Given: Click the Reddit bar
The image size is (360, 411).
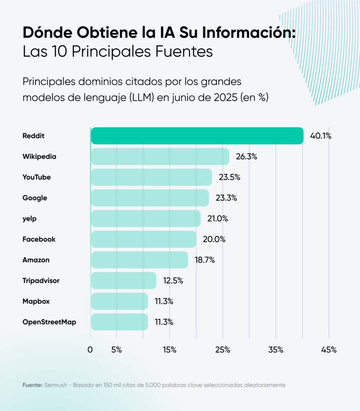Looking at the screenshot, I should coord(197,136).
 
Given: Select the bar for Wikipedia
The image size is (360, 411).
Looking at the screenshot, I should coord(160,157).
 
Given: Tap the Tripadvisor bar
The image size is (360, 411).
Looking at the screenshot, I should coord(123,281).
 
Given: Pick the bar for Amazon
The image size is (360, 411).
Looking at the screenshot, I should coord(139,260).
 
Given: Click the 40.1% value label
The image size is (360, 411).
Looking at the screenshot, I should coord(320,136).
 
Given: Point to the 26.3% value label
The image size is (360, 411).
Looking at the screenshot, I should coord(246,157).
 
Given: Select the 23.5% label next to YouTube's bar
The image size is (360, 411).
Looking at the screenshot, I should coord(229,177).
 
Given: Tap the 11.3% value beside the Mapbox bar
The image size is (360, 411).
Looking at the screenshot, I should coord(164,301).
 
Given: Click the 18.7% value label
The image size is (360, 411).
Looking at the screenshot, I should coord(205,260).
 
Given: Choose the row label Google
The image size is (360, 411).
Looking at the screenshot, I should coord(35,198).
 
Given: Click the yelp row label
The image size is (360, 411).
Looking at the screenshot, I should coord(30,219).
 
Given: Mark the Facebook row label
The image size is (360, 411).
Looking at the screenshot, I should coord(39,239).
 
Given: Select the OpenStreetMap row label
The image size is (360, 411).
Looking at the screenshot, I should coord(49,322).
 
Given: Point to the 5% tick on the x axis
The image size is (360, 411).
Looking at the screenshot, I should coord(117,350).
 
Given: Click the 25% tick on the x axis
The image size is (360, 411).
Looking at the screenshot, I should coord(223,350).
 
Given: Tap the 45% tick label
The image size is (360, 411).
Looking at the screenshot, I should coord(329,350).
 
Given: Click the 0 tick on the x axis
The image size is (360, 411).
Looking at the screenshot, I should coord(90,350).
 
